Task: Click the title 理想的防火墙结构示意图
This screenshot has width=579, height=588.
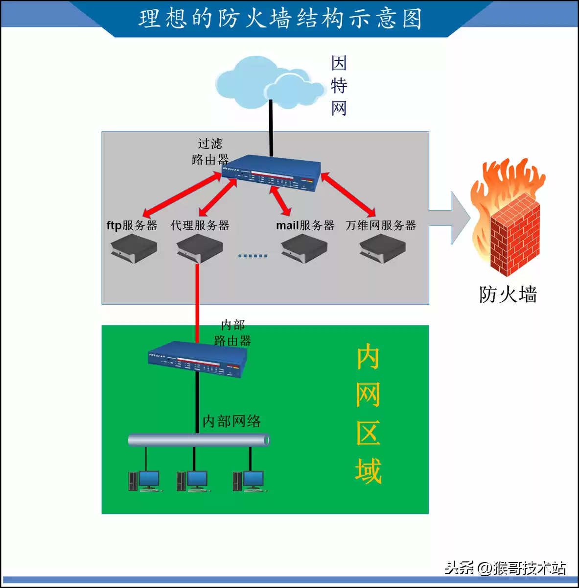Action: [280, 19]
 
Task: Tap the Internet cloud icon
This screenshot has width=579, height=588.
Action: [269, 83]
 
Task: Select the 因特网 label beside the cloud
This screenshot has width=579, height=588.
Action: [339, 86]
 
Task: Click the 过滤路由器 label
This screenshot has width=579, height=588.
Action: [210, 151]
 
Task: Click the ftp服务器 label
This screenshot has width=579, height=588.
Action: [132, 225]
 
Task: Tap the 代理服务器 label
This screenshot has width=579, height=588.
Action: [200, 225]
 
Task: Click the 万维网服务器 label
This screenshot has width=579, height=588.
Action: [380, 225]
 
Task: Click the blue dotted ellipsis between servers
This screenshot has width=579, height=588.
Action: [253, 256]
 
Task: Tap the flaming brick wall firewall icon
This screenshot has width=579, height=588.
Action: [509, 220]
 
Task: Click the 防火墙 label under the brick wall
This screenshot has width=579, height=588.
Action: [508, 294]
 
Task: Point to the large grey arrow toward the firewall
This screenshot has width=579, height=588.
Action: [450, 218]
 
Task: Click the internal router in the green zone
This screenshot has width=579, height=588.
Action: [197, 359]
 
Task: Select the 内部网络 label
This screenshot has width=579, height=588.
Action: [232, 421]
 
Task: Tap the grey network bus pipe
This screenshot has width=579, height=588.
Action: [198, 440]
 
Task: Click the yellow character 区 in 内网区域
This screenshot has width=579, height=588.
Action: [368, 433]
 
